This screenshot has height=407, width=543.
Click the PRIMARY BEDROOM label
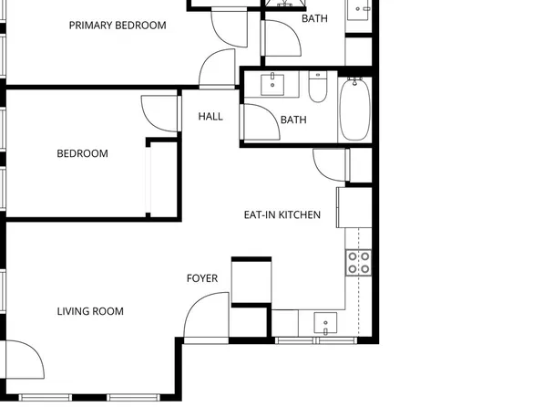118,26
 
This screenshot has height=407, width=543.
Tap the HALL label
210,116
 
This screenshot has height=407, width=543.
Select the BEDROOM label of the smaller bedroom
82,153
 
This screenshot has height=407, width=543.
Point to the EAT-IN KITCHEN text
282,215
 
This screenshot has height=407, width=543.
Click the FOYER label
202,278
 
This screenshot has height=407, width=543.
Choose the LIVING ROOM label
90,311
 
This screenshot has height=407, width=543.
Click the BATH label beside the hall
293,120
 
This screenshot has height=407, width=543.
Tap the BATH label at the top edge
314,18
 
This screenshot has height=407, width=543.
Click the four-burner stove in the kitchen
358,263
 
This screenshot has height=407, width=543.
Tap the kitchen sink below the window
325,323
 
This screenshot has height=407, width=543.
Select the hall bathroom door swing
260,123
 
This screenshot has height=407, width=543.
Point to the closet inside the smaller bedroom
160,178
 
